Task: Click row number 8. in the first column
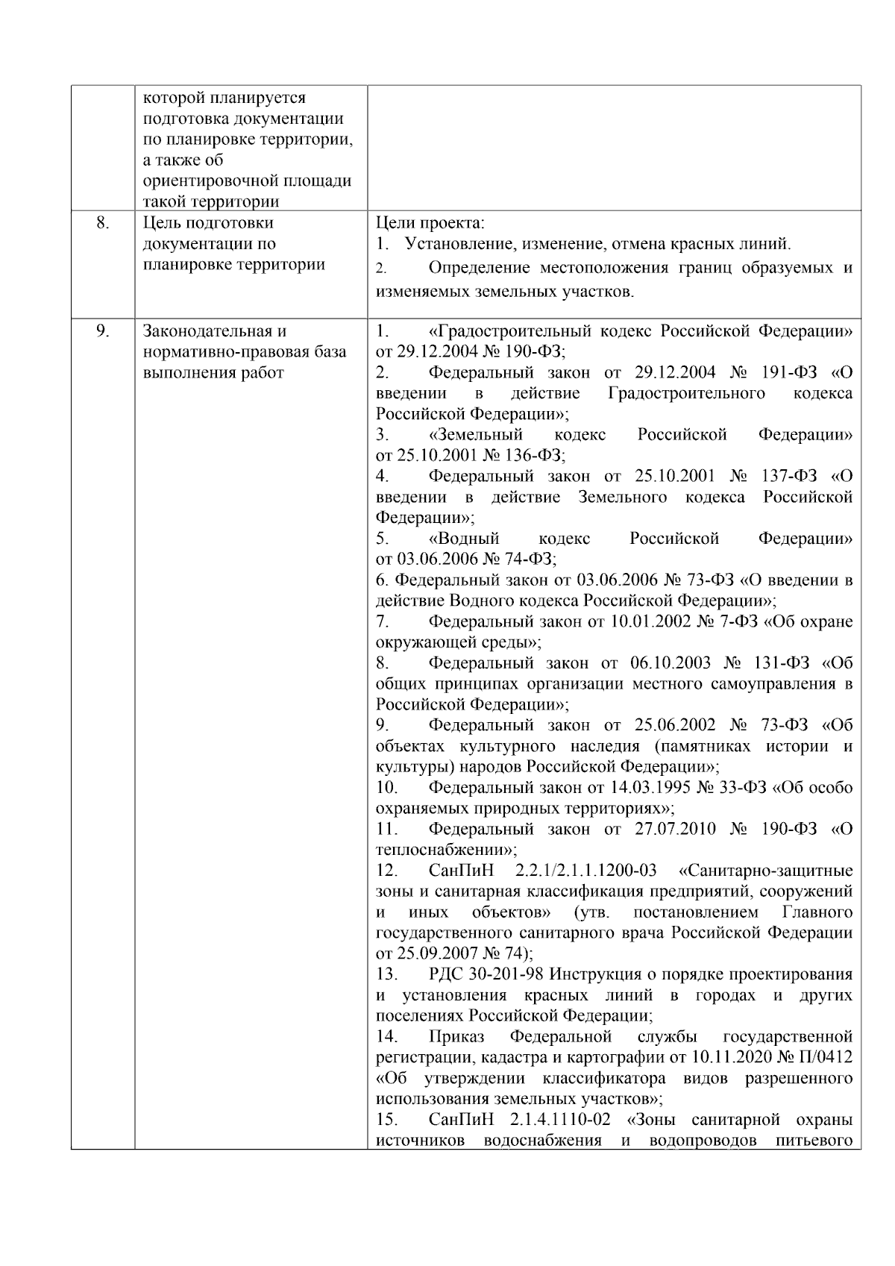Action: tap(103, 223)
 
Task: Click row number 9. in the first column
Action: tap(103, 331)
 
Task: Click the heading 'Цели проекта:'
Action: tap(430, 223)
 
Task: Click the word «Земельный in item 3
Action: tap(476, 435)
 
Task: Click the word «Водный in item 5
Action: tap(465, 539)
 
